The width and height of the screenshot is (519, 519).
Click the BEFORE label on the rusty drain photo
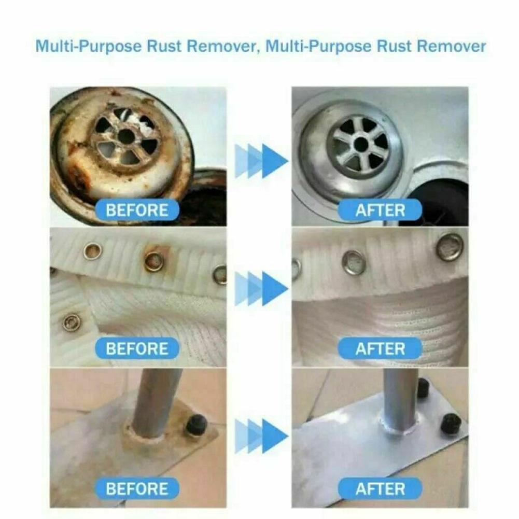[137, 210]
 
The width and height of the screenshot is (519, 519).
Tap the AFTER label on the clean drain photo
[380, 210]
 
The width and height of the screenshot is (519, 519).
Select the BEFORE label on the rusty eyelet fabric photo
[137, 348]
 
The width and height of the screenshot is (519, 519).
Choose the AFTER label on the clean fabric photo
[380, 348]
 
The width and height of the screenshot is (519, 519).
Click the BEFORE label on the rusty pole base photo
[137, 488]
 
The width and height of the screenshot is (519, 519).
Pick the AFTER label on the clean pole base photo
[380, 488]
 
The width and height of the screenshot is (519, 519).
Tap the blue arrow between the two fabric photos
[261, 288]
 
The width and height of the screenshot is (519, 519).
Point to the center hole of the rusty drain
[126, 136]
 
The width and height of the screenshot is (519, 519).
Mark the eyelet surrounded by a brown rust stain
[154, 261]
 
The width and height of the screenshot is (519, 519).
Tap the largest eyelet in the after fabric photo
[449, 247]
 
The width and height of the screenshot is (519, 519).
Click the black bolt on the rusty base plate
[197, 425]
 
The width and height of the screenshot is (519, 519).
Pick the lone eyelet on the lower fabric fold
[72, 322]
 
